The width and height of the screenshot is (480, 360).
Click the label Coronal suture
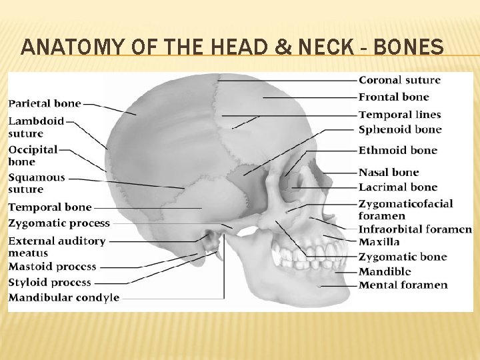tap(399, 80)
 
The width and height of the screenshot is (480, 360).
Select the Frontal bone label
tap(393, 97)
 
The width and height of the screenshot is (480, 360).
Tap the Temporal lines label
tap(399, 115)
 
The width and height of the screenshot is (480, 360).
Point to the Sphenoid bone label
tap(399, 129)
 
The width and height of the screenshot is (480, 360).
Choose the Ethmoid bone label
tap(397, 150)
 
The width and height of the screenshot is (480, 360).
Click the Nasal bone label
tap(389, 172)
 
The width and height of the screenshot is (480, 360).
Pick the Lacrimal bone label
tap(397, 187)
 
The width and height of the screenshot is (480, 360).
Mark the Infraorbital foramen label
tap(415, 229)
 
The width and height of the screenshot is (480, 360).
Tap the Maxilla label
tap(379, 242)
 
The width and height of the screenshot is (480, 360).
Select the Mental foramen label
tap(403, 285)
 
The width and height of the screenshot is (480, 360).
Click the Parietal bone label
tap(45, 103)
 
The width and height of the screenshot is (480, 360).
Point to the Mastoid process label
tap(52, 267)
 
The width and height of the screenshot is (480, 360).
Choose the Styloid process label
tap(49, 282)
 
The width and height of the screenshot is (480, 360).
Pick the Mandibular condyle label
tap(63, 297)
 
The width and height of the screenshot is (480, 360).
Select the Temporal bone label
tap(49, 207)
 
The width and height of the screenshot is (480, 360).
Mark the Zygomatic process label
tap(59, 223)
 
